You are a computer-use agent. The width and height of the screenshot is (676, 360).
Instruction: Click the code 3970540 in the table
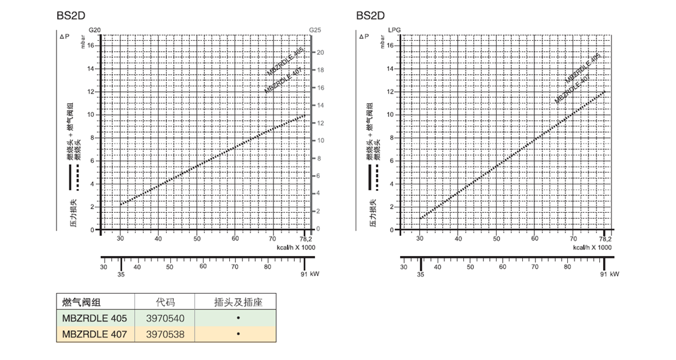[165, 318]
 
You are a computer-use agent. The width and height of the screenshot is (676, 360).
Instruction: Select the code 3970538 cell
[165, 334]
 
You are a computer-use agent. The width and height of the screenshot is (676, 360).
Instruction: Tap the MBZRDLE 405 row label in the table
[95, 318]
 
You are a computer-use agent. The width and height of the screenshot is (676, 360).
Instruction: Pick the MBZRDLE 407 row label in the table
[95, 334]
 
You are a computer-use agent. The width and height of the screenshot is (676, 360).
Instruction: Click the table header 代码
[165, 302]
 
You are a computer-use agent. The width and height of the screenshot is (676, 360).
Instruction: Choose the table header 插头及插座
[238, 302]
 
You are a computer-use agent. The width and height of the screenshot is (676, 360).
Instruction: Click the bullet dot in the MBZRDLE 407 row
[238, 334]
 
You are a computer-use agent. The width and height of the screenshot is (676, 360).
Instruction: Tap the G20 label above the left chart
[94, 30]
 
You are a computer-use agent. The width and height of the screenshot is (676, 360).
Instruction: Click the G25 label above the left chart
[315, 30]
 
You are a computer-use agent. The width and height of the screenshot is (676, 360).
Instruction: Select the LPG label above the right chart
[393, 30]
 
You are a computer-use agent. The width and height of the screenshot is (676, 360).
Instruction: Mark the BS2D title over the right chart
[369, 15]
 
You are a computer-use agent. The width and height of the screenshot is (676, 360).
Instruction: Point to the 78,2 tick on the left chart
[307, 239]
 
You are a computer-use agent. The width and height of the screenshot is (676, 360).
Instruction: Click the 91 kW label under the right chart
[610, 274]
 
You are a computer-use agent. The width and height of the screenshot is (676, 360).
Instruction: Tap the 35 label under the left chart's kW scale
[122, 274]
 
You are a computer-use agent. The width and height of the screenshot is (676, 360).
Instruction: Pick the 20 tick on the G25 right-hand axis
[320, 53]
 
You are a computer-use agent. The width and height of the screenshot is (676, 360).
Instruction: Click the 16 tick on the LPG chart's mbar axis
[390, 46]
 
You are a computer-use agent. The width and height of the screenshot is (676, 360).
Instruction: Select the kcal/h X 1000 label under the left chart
[295, 247]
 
